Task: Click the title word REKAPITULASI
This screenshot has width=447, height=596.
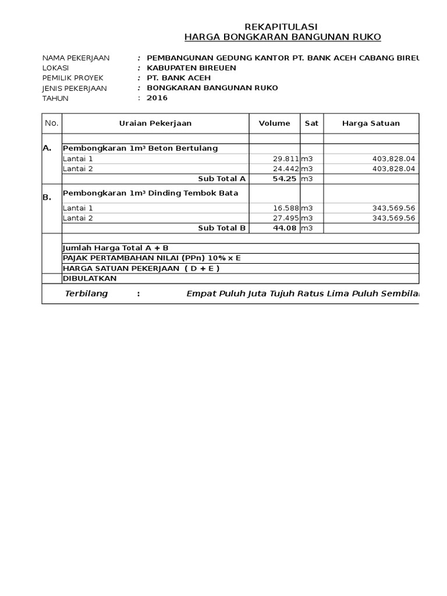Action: point(281,27)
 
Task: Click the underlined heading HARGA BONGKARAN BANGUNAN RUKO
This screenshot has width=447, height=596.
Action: point(282,37)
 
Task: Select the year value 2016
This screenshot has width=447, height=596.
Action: point(157,98)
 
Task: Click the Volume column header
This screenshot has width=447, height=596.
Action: point(274,123)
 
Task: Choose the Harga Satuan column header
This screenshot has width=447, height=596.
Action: point(371,123)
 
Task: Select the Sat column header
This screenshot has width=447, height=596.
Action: point(311,123)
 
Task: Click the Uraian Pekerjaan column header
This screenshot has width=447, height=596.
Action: point(155,123)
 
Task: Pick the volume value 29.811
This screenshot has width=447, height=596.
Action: point(286,158)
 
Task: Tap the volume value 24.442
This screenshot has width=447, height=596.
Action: point(286,169)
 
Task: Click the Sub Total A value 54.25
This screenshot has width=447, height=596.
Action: point(285,179)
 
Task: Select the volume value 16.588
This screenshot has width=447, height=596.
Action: point(286,208)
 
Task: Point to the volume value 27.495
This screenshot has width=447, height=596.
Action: point(286,218)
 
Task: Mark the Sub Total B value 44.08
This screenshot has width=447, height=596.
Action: point(285,228)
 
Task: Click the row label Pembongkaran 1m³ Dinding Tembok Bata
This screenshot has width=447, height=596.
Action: point(150,193)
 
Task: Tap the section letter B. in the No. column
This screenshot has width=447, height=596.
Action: point(47,198)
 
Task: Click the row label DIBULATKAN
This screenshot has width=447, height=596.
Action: point(90,278)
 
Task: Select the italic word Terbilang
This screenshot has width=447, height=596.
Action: point(86,294)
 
